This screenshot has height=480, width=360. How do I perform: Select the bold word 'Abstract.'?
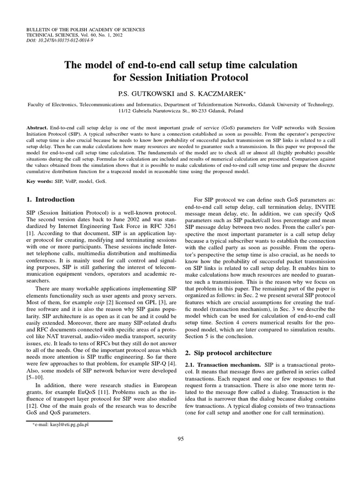pyautogui.click(x=38, y=127)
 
